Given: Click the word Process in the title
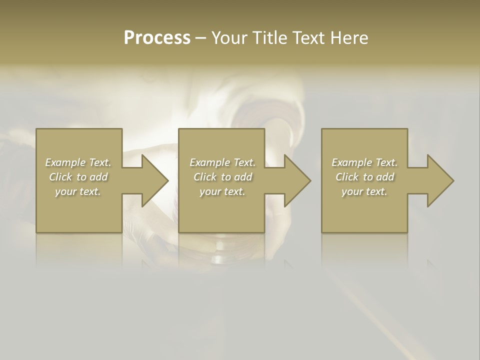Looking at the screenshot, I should [x=157, y=38].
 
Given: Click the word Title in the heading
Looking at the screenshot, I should [x=269, y=38].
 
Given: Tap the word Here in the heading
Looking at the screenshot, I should [x=349, y=38].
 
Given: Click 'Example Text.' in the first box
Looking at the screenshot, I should [x=78, y=162].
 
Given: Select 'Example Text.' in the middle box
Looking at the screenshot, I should [x=222, y=162].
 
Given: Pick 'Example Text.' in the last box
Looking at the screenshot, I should [x=364, y=162].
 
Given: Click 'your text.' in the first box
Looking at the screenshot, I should [x=78, y=191].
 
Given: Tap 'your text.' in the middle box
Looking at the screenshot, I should [x=222, y=191].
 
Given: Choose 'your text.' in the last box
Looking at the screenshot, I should [x=364, y=191].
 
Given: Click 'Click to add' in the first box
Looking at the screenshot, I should [x=78, y=177].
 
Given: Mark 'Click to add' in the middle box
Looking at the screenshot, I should [x=222, y=177].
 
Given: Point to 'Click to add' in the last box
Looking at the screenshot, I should [x=364, y=177].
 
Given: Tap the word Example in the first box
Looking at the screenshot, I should [x=65, y=162].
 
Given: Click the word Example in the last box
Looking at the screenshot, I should [x=351, y=162].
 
